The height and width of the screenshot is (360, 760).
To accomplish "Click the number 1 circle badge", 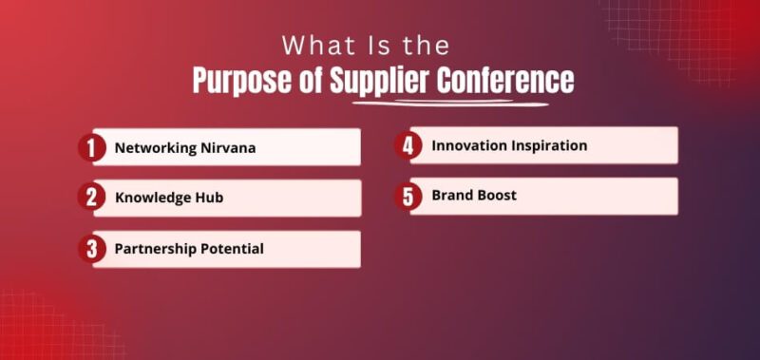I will tap(91, 147).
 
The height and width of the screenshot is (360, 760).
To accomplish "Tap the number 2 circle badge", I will tap(91, 198).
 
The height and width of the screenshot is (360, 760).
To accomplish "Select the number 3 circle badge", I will tap(91, 249).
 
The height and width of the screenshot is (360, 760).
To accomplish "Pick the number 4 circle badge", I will tap(408, 145).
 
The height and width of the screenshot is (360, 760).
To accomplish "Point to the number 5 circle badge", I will tap(408, 197).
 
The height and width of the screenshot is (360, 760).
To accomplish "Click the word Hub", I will tap(210, 199).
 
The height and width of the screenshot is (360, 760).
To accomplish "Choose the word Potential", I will tap(233, 249).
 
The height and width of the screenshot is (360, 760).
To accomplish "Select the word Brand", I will tap(451, 196).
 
